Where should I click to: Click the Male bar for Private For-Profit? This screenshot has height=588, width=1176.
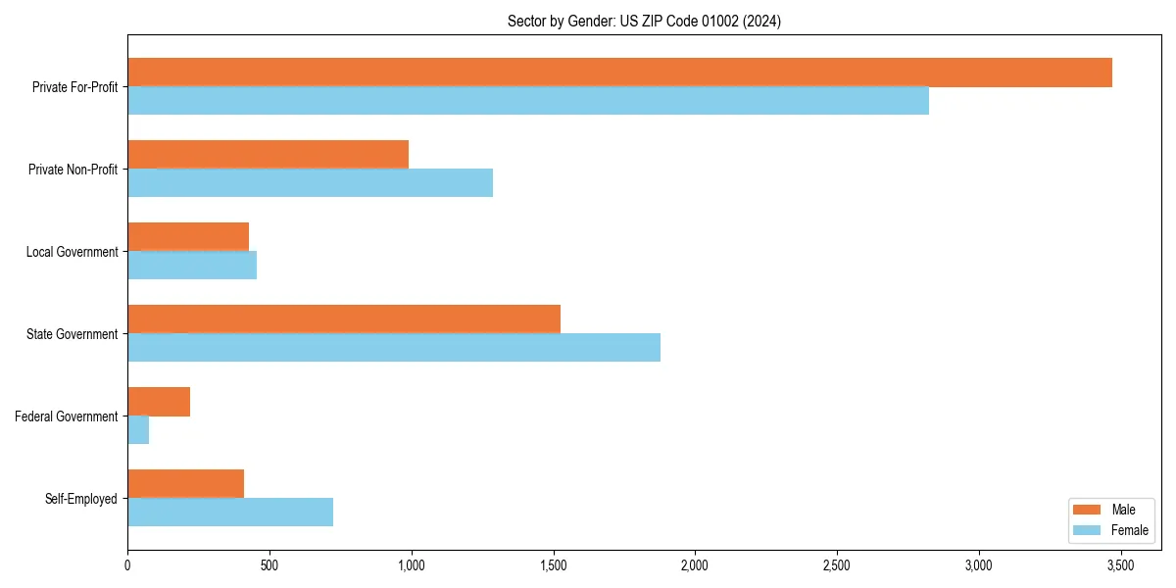619,73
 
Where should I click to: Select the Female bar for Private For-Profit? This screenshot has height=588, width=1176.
528,101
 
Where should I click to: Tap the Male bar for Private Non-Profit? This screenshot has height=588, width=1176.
268,155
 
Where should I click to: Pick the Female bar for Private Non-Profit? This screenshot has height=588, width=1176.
310,183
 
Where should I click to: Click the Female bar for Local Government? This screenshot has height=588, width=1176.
192,266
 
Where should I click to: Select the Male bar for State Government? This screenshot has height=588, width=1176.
344,319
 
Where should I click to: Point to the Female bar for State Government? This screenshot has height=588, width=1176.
394,348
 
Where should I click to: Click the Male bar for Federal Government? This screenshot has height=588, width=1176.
159,402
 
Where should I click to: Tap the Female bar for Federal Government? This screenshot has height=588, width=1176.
138,430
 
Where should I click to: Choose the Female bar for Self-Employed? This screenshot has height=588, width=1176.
230,513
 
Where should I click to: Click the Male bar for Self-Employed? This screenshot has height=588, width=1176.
185,484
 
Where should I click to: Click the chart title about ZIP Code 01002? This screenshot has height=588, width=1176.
644,21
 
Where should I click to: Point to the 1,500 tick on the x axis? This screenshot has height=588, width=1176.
553,565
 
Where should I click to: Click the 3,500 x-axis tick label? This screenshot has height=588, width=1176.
1120,565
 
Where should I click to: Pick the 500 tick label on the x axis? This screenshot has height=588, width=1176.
269,565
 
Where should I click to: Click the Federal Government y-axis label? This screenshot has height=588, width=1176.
67,416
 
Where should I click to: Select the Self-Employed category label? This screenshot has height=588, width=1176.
81,499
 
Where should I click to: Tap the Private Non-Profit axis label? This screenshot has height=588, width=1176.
73,170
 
